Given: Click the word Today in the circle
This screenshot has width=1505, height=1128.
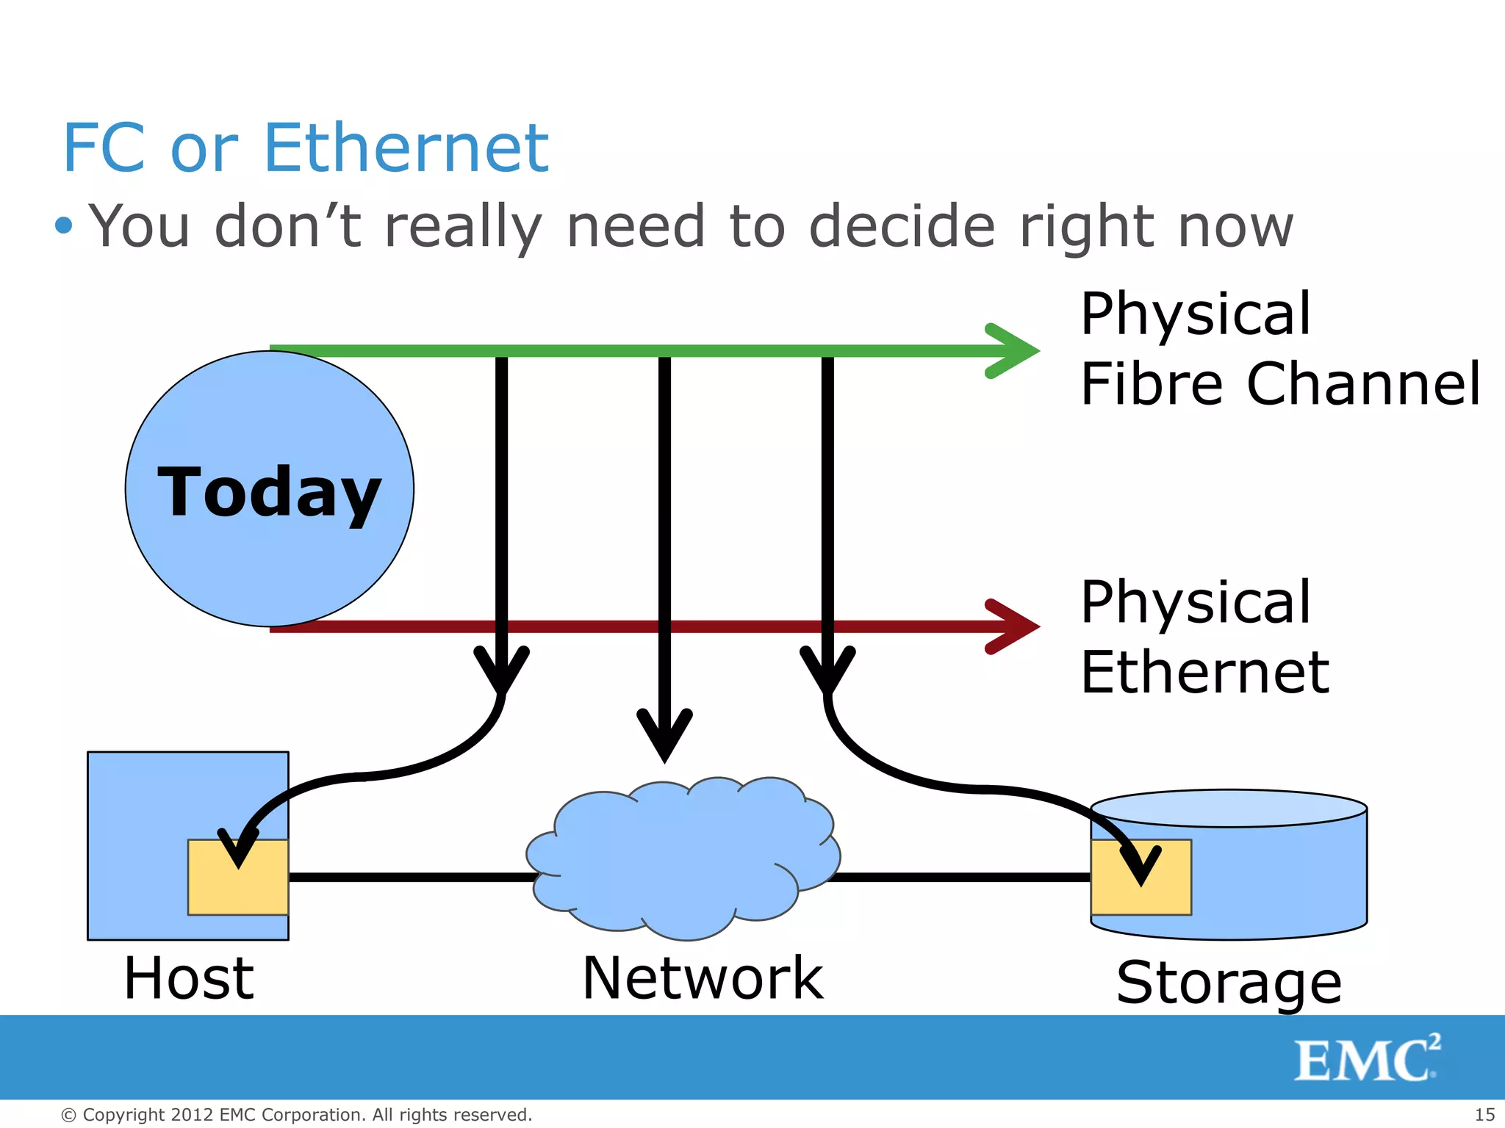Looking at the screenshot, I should point(269,492).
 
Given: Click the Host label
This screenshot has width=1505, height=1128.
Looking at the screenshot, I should point(189,978).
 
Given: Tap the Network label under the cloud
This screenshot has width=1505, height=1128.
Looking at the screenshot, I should point(703,978).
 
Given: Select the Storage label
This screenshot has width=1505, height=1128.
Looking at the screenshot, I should point(1229,983).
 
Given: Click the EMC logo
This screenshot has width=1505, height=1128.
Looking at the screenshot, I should point(1366,1058).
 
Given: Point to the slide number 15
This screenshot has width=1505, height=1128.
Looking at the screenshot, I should point(1484,1115).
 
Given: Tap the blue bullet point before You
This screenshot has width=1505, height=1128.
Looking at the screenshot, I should point(64,225).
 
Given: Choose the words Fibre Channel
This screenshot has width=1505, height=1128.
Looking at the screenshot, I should point(1279,383).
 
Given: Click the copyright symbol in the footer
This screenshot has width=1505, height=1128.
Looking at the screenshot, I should point(68,1116).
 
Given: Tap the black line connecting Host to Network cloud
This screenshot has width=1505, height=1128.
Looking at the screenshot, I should point(412,877).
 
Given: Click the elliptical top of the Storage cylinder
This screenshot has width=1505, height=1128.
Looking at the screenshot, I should point(1229,809).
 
